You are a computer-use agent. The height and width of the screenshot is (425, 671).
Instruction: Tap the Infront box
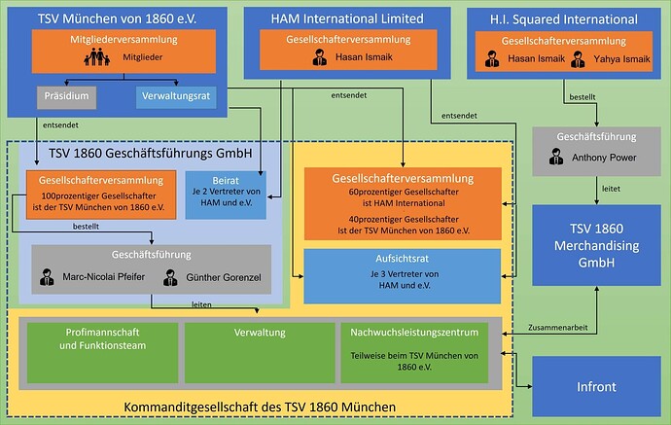click(597, 386)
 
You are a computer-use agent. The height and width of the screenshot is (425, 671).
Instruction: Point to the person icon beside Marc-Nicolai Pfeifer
click(47, 280)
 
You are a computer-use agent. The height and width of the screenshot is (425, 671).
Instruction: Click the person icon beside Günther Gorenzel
click(171, 280)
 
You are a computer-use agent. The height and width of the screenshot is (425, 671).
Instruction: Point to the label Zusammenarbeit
click(562, 328)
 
